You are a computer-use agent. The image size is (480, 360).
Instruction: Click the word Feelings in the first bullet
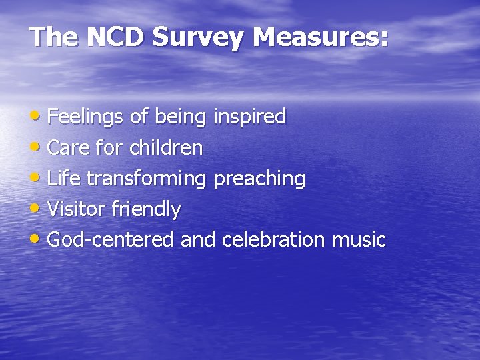(85, 118)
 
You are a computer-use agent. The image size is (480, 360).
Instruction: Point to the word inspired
(249, 118)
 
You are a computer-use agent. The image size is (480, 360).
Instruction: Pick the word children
(165, 148)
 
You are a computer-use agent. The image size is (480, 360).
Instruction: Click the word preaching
(259, 179)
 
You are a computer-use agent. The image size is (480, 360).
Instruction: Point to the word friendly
(146, 210)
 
